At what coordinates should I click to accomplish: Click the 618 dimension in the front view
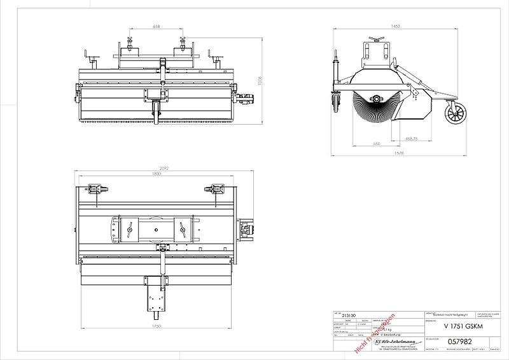(156, 27)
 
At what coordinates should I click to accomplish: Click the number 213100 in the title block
(349, 315)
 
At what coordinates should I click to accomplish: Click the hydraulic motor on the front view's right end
(246, 99)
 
